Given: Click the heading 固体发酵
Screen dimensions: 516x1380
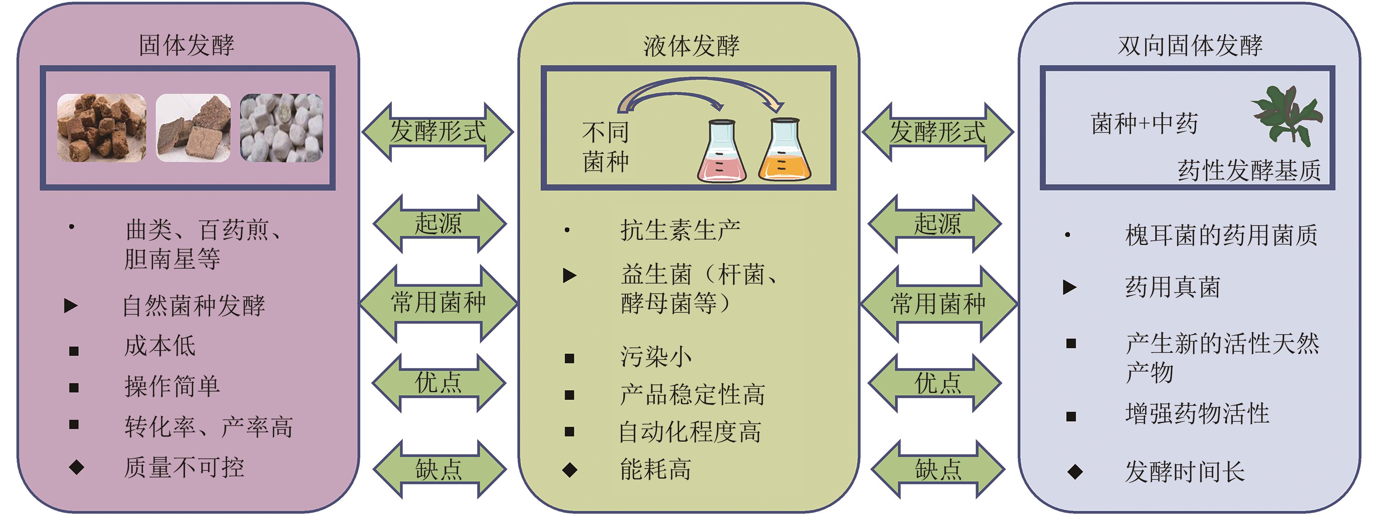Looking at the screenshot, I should (x=187, y=45).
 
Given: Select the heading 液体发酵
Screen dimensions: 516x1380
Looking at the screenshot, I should (x=691, y=46).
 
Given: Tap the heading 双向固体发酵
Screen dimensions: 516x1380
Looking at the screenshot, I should (x=1190, y=46).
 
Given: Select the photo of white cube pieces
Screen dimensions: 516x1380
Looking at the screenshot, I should (x=281, y=127).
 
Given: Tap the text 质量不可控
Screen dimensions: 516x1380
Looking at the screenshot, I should (x=184, y=467).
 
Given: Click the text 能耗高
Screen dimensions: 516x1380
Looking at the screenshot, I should (x=655, y=469).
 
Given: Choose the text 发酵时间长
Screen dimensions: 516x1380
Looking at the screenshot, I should (x=1184, y=472).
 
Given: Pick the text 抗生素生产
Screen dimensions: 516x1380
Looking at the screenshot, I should (x=680, y=231).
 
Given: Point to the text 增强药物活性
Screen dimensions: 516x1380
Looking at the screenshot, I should (x=1197, y=414).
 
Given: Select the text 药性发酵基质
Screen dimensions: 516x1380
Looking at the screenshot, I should (x=1249, y=171).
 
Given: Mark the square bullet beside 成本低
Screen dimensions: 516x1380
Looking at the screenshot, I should (x=74, y=351).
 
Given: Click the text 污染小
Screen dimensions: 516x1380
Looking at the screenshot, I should (x=656, y=356).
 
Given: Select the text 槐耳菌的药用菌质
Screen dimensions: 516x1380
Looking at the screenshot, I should (x=1221, y=235).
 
